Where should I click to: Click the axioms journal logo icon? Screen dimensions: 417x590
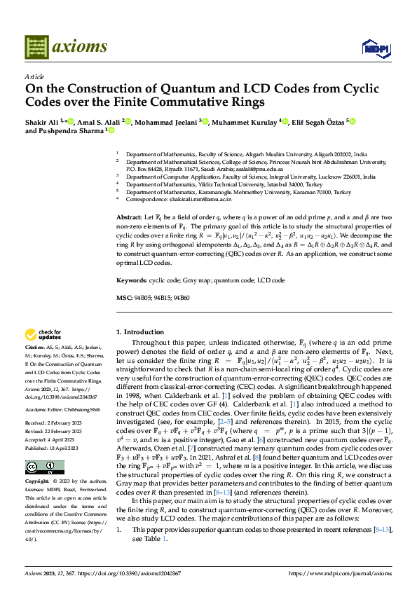coord(36,48)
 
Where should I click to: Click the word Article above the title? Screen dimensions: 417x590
coord(34,76)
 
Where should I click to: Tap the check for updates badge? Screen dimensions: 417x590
coord(43,335)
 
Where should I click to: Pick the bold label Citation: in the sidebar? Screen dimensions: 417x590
coord(35,347)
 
